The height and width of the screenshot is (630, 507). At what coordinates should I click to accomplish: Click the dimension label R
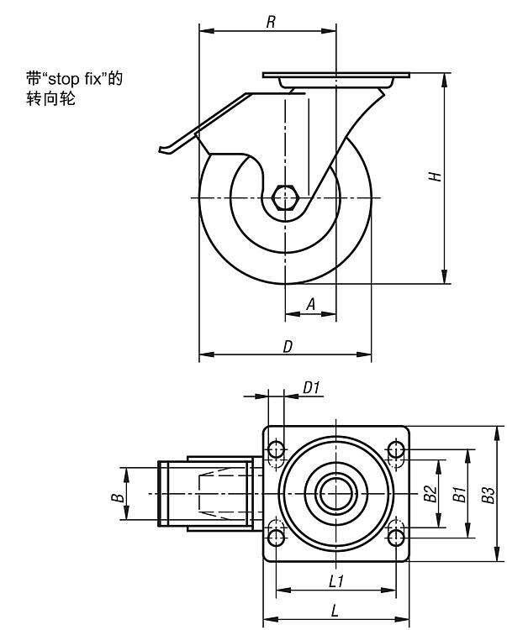271,22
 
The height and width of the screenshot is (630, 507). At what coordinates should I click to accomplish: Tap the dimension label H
434,177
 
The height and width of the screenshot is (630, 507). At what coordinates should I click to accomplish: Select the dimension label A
310,306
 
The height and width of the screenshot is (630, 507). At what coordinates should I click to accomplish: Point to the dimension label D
287,345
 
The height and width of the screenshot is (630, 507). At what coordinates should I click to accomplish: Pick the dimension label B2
430,494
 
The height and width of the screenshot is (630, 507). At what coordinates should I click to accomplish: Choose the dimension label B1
459,494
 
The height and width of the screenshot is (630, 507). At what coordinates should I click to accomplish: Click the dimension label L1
335,580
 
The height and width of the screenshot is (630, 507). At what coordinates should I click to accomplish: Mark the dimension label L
335,612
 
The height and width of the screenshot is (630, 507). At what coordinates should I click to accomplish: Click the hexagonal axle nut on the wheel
286,197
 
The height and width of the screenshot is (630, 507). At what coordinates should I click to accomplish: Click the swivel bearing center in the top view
335,494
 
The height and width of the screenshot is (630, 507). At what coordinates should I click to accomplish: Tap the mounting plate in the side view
335,77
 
